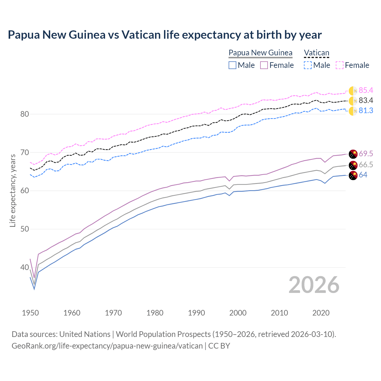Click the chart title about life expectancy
(x=165, y=35)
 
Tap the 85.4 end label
(x=366, y=90)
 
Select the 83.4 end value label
(x=366, y=101)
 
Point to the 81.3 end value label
(x=366, y=111)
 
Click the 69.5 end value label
(x=366, y=154)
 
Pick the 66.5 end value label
(x=366, y=165)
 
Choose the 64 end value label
(x=363, y=175)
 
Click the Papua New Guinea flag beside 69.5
(x=353, y=154)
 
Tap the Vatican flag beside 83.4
(x=353, y=101)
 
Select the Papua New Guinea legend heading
(x=260, y=53)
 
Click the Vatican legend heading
(x=316, y=53)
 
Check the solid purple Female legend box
(x=264, y=65)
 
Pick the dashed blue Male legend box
(x=308, y=65)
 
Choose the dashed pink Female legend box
(x=340, y=65)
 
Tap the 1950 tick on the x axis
(x=30, y=313)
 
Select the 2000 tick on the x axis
(x=238, y=313)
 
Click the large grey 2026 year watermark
(x=314, y=285)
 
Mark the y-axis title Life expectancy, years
(x=13, y=190)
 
